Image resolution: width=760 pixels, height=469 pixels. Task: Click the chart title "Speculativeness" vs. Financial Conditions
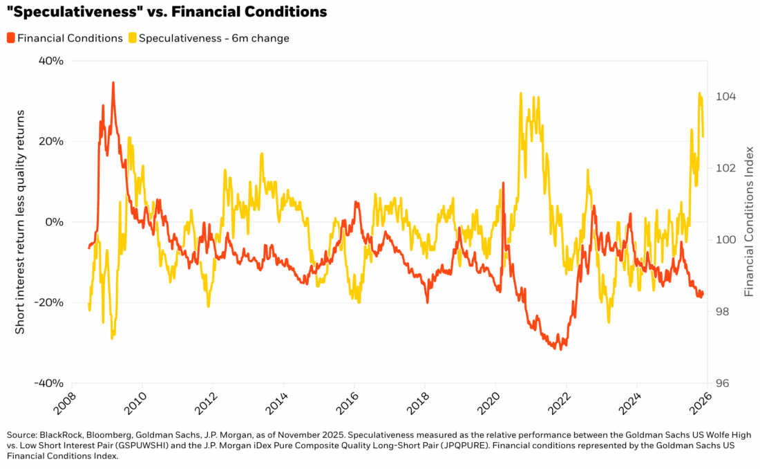click(x=166, y=12)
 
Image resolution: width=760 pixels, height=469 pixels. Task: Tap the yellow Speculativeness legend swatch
click(x=132, y=38)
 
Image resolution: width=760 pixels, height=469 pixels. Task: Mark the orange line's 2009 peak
click(x=113, y=82)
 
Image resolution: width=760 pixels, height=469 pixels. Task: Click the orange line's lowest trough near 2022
click(x=560, y=349)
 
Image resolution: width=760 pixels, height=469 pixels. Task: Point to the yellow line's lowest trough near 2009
click(x=113, y=338)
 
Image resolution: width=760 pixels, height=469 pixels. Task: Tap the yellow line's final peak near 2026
click(x=699, y=93)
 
